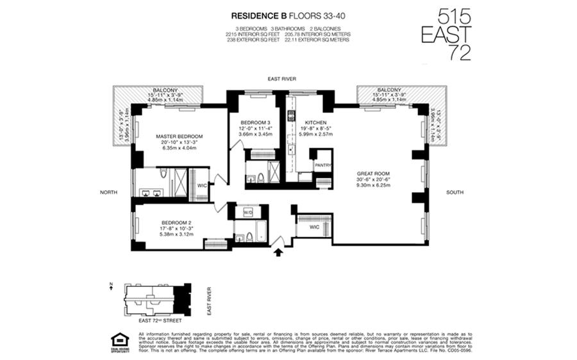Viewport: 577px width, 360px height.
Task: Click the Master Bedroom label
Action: click(180, 136)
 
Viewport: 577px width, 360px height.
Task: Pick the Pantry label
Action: click(322, 165)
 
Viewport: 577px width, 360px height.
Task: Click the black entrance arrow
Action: click(278, 252)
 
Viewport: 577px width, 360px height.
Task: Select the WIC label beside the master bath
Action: click(201, 186)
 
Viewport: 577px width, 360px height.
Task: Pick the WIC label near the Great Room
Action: click(314, 227)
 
